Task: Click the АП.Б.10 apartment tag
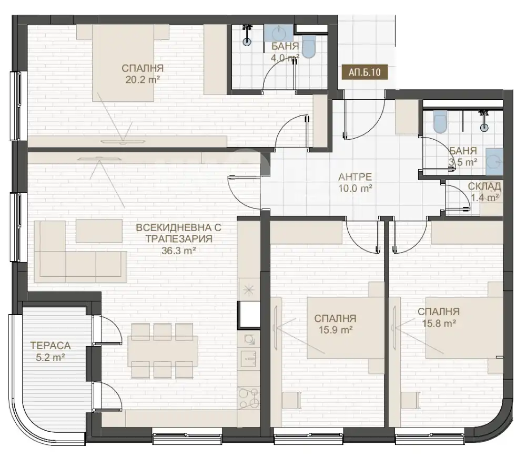[x=365, y=72]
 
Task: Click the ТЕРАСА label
[x=50, y=346]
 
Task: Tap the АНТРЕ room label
[x=355, y=176]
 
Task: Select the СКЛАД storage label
[x=484, y=186]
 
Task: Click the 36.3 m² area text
[x=179, y=251]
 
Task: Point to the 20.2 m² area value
[x=143, y=80]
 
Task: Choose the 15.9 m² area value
[x=336, y=330]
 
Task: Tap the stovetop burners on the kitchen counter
[x=249, y=398]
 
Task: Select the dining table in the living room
[x=163, y=351]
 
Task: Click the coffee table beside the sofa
[x=99, y=231]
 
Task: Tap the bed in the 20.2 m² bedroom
[x=123, y=63]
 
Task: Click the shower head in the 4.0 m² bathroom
[x=247, y=35]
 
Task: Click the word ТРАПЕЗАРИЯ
[x=179, y=239]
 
